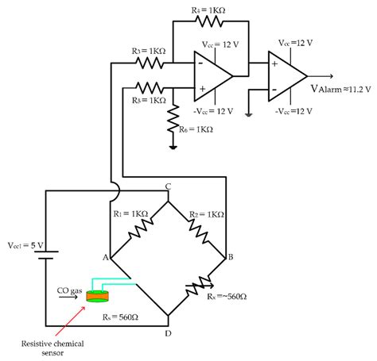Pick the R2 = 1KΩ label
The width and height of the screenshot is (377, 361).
[204, 214]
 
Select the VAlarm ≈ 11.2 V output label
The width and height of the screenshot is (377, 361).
[341, 88]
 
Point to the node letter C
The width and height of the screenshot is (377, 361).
[168, 188]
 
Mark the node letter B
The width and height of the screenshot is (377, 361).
[230, 256]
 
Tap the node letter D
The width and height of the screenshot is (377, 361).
[168, 332]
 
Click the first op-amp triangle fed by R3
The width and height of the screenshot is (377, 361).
[211, 75]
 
